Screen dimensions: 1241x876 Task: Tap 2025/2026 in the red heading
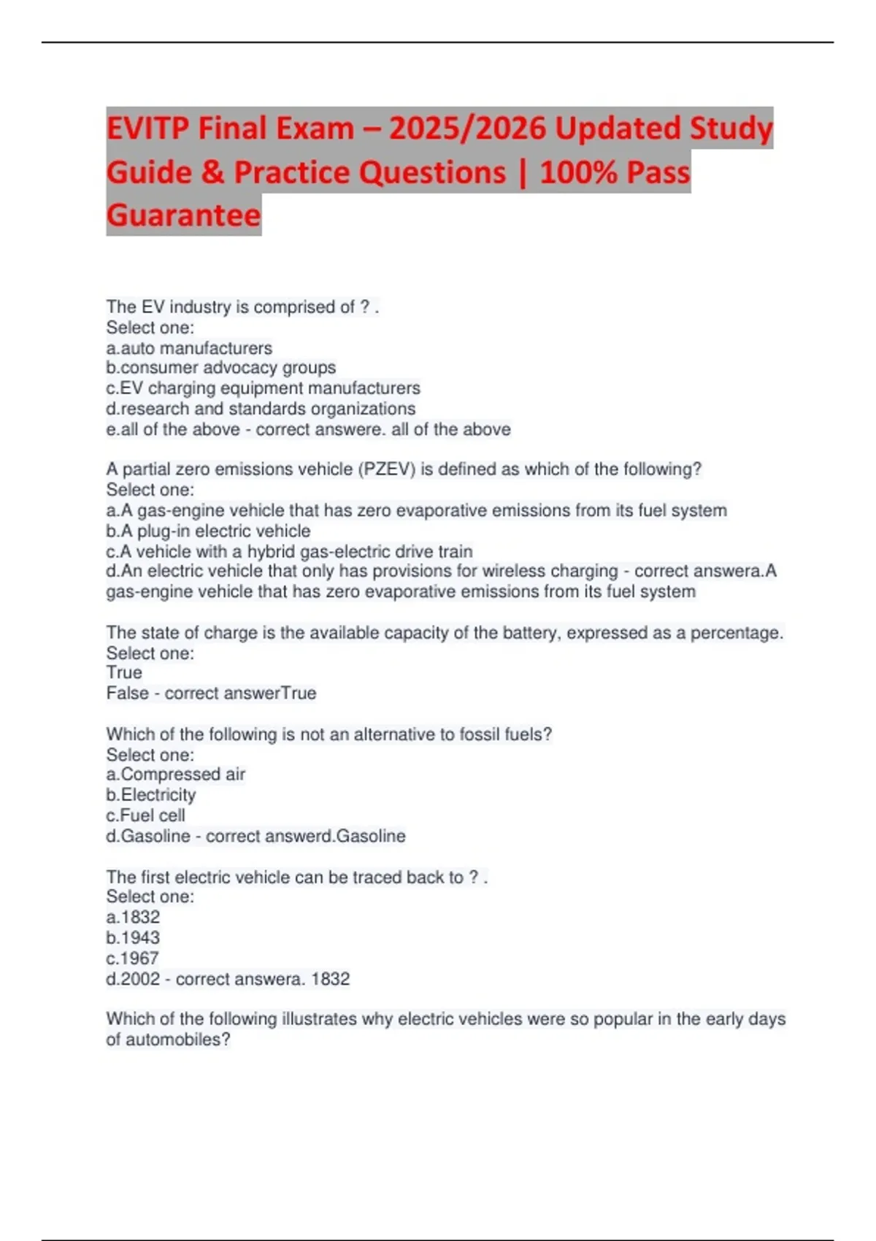coord(466,129)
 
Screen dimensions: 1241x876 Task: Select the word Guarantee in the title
coord(183,215)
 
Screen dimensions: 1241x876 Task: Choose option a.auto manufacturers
coord(189,348)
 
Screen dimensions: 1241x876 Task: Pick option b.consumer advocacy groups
coord(220,367)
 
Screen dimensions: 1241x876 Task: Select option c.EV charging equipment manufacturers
coord(263,388)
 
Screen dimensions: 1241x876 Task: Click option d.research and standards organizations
coord(261,408)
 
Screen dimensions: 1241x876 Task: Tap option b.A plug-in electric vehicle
coord(208,531)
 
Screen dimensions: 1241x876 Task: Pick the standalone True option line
coord(124,672)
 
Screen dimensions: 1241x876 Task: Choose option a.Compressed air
coord(175,774)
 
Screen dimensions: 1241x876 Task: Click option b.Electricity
coord(151,794)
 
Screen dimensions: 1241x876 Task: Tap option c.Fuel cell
coord(145,815)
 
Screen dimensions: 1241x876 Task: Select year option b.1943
coord(133,937)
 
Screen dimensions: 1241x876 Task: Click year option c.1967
coord(132,958)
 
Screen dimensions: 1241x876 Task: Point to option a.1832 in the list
coord(133,917)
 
